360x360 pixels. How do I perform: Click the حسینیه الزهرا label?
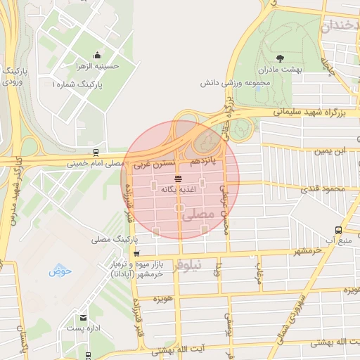(97, 67)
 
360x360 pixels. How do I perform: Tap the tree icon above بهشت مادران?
(281, 58)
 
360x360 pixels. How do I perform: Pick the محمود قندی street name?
(324, 189)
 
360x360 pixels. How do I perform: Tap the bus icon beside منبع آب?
(339, 230)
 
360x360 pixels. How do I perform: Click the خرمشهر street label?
(307, 249)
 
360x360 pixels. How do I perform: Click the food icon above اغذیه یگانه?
(177, 180)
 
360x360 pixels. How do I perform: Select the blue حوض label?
(57, 270)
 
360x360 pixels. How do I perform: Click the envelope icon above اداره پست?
(84, 318)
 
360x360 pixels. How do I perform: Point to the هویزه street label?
(163, 298)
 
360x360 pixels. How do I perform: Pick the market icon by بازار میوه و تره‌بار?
(136, 254)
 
